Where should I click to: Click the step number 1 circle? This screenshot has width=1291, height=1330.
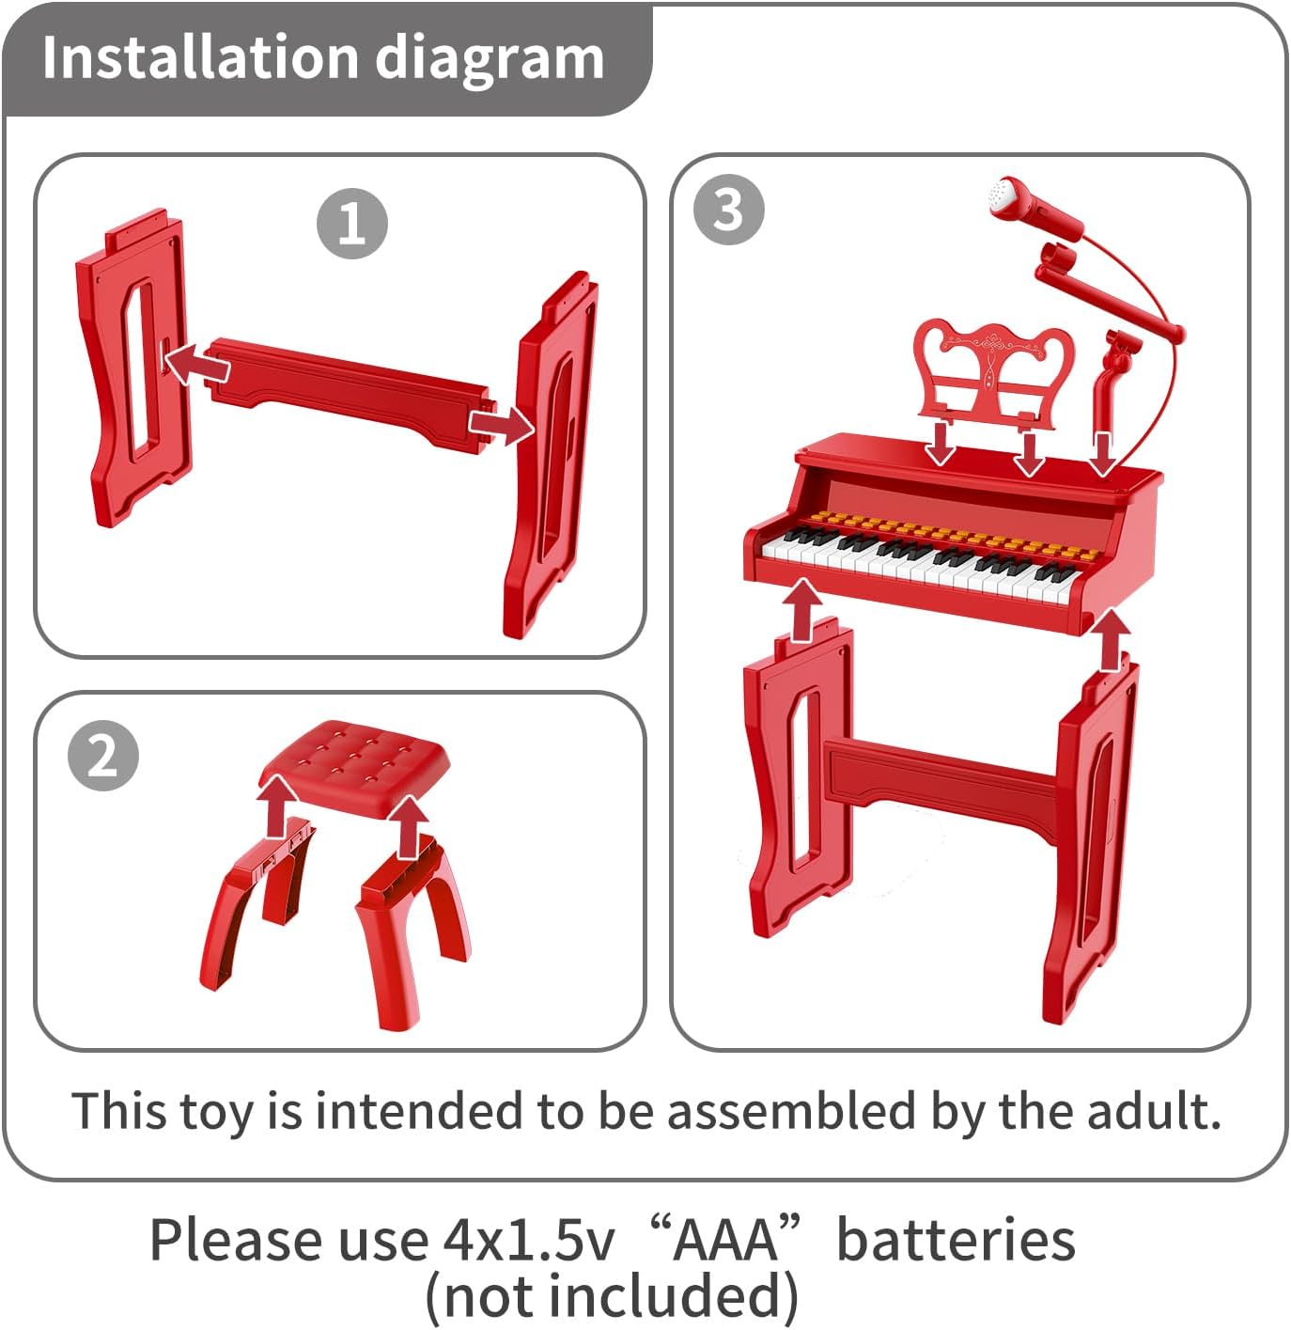(351, 224)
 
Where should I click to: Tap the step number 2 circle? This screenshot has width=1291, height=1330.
(102, 755)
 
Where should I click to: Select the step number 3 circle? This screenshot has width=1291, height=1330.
(728, 210)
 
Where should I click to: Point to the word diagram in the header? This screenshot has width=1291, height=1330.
(490, 58)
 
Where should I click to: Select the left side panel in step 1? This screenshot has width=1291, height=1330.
(134, 367)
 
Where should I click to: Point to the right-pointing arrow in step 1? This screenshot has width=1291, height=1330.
(502, 424)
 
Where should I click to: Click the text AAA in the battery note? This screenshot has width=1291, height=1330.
(724, 1240)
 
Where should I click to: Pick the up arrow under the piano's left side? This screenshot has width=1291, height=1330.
(801, 610)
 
